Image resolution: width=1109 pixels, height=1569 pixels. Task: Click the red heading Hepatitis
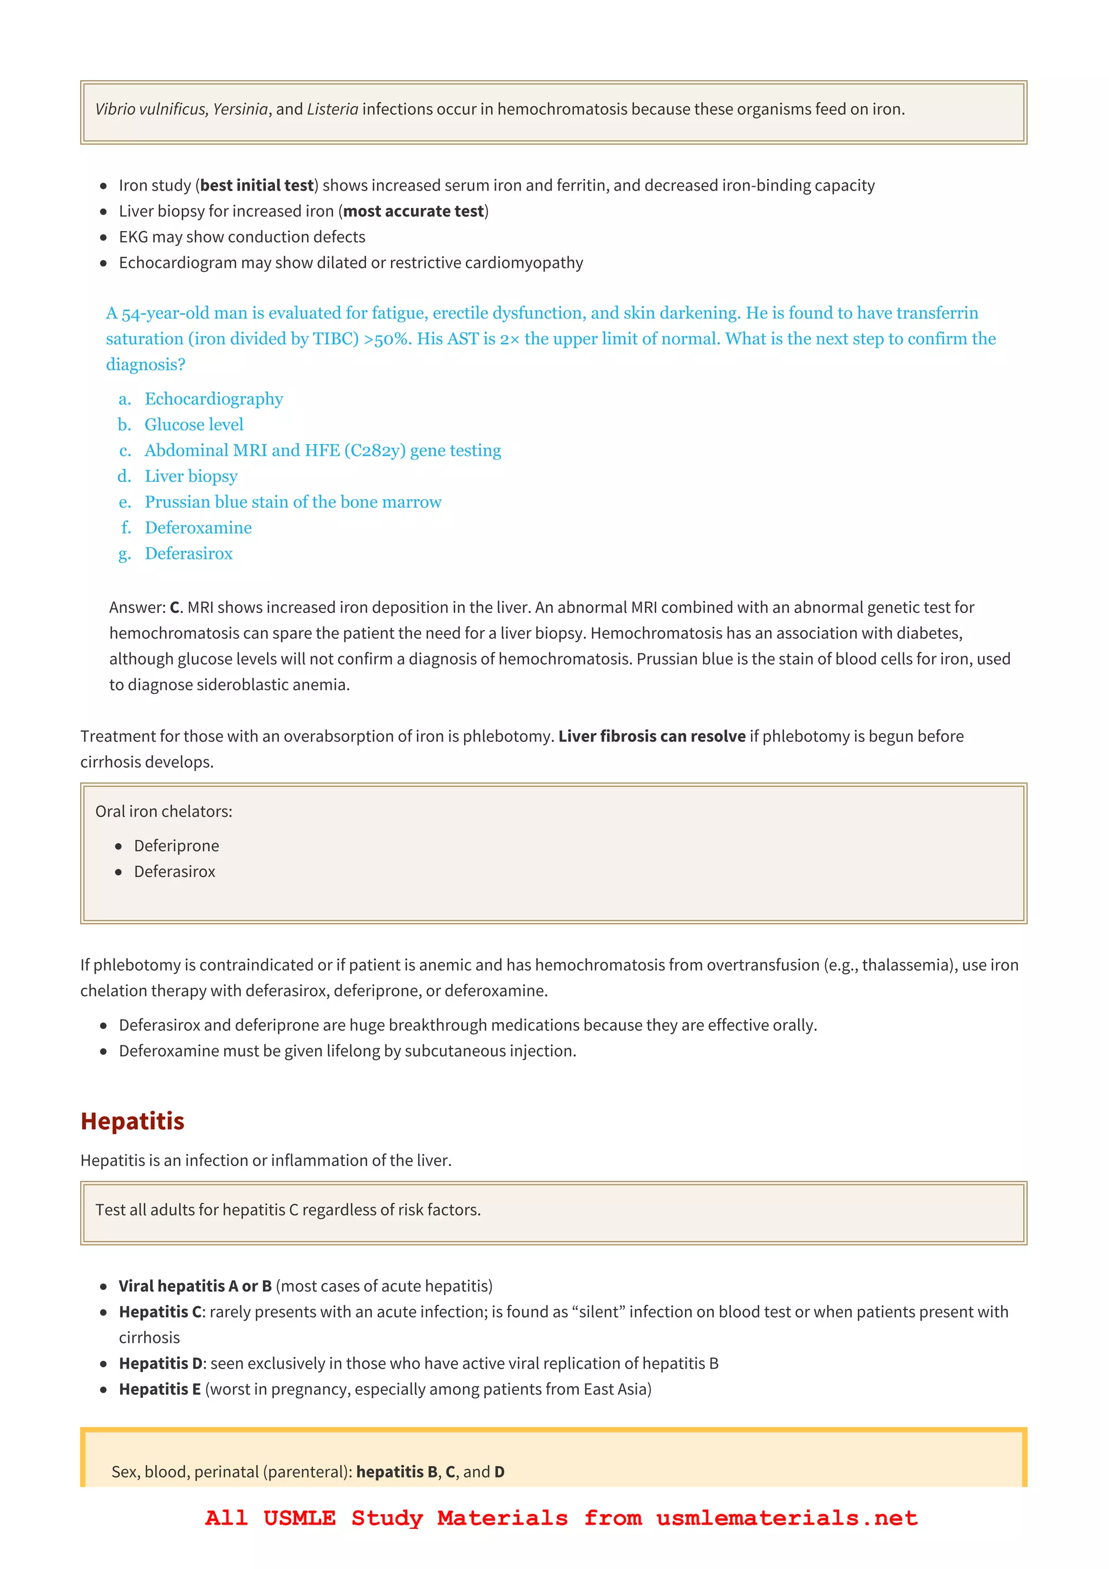[x=133, y=1121]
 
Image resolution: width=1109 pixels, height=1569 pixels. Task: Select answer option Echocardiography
[x=213, y=399]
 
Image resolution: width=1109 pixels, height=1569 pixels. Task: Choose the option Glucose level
[x=193, y=425]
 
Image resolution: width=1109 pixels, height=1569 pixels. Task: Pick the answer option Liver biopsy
[x=191, y=476]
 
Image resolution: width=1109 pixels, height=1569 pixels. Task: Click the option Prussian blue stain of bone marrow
[x=292, y=502]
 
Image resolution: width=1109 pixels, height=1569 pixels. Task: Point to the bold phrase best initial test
[x=257, y=186]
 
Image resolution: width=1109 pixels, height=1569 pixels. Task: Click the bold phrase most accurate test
[x=413, y=211]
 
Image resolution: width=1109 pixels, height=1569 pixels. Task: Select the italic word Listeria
[x=332, y=109]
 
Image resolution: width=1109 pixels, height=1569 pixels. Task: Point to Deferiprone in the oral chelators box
[x=177, y=846]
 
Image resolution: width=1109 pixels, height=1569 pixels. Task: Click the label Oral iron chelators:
[x=164, y=812]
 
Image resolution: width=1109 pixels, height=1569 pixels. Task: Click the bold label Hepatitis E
[x=160, y=1390]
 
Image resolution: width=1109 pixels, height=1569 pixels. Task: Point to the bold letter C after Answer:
[x=174, y=608]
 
